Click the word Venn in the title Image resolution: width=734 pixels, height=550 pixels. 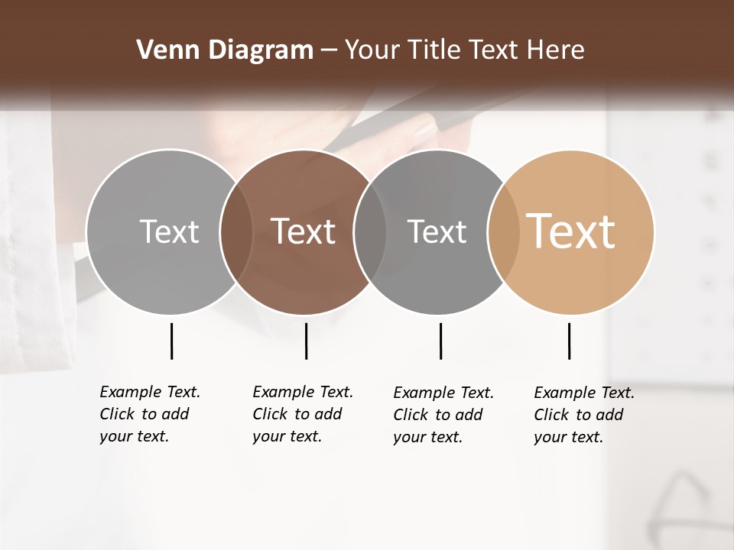coord(163,50)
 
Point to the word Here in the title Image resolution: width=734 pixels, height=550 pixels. coord(556,50)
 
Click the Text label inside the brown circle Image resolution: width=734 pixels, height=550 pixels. coord(304,231)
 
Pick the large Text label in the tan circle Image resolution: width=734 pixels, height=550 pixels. coord(571,231)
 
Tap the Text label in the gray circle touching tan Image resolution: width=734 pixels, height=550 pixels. coord(437,231)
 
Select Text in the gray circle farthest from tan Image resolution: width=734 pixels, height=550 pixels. coord(169,231)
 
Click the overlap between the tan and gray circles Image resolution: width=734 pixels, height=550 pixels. coord(499,231)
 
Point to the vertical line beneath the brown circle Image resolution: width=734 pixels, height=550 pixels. coord(306,341)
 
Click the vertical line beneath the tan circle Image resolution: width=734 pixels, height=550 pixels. coord(569,341)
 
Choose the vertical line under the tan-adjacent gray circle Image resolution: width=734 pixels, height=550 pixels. coord(440,341)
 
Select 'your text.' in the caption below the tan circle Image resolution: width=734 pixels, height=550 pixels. coord(568,437)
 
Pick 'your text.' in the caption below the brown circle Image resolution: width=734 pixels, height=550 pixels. coord(287,436)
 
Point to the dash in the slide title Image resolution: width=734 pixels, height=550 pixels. coord(329,50)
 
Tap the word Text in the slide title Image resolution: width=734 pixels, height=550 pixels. coord(494,50)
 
